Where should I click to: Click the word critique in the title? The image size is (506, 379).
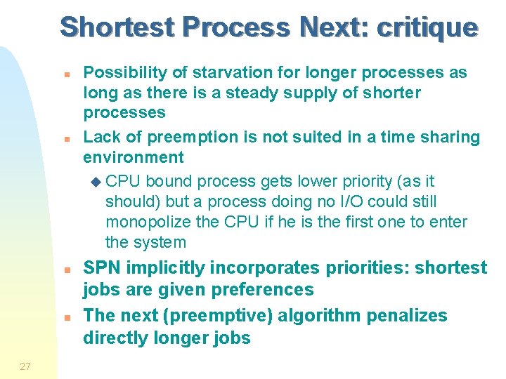(427, 27)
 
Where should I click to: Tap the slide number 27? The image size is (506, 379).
(25, 366)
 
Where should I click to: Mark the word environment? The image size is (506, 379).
(134, 157)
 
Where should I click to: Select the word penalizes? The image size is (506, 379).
(406, 316)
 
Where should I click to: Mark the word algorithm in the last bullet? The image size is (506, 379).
(318, 316)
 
